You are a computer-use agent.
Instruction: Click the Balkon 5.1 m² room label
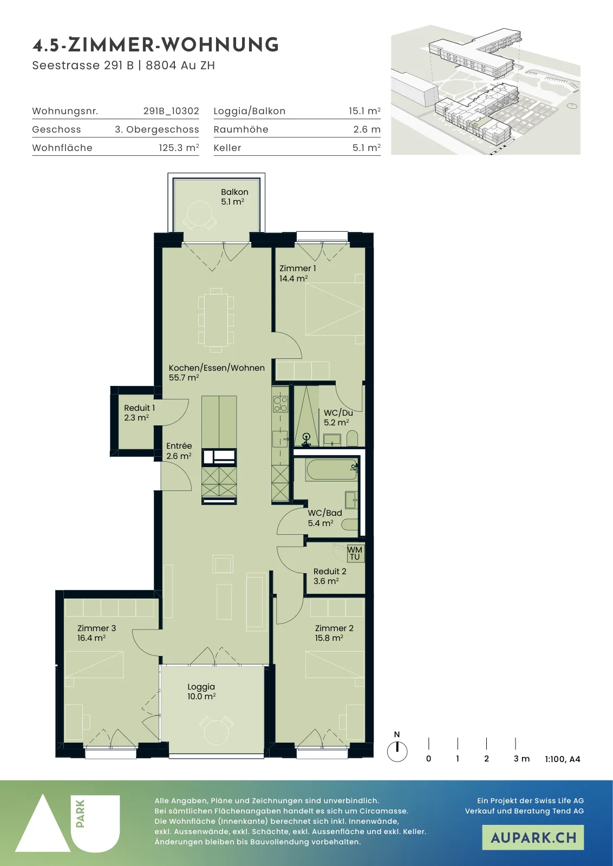(x=234, y=197)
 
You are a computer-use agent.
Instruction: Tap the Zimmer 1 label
(x=297, y=268)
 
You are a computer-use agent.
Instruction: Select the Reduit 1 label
(x=139, y=408)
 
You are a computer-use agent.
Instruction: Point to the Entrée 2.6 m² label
(x=179, y=451)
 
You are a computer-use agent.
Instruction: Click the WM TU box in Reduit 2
(x=355, y=553)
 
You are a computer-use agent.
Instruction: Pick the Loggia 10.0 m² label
(x=201, y=692)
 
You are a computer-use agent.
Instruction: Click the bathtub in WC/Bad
(x=331, y=469)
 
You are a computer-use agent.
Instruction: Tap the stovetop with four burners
(x=281, y=404)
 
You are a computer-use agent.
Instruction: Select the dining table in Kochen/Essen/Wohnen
(x=216, y=320)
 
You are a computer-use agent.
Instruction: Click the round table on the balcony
(x=199, y=213)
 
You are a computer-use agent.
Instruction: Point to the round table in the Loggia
(x=217, y=731)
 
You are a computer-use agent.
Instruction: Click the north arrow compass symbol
(x=397, y=752)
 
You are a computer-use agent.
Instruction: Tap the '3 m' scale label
(x=521, y=759)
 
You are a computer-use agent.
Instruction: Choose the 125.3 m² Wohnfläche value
(x=179, y=148)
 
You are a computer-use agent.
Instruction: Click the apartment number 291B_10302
(x=171, y=111)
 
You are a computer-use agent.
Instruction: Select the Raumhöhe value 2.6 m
(x=367, y=129)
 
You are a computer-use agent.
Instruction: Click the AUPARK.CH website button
(x=533, y=837)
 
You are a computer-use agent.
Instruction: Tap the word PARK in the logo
(x=81, y=813)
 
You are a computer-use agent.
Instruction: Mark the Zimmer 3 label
(x=96, y=628)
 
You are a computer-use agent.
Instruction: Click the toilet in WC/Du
(x=353, y=438)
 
